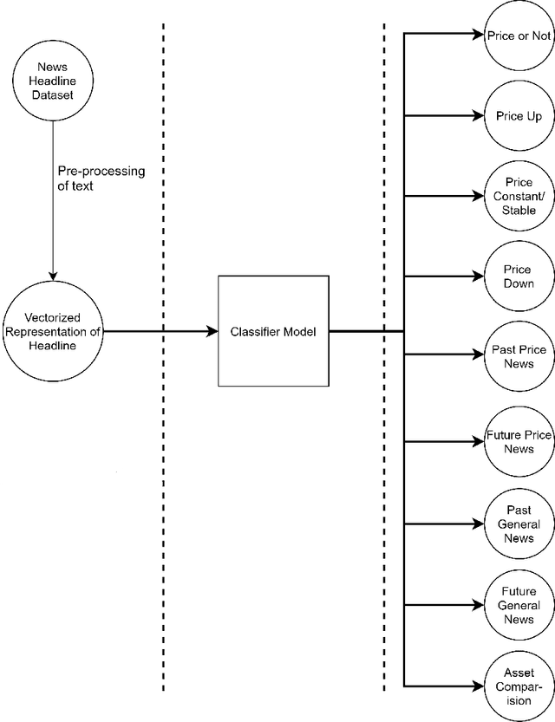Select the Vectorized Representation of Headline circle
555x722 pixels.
[x=53, y=331]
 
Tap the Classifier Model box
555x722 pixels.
[x=273, y=331]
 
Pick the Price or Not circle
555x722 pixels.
[x=519, y=35]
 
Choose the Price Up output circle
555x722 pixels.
[x=519, y=115]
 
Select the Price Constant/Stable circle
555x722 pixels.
[x=519, y=196]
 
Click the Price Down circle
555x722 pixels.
[x=519, y=276]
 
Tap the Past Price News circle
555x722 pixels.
[x=519, y=356]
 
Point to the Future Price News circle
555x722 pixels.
[x=519, y=441]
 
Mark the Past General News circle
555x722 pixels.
[x=519, y=524]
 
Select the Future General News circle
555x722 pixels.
[x=519, y=605]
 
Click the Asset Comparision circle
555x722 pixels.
[x=519, y=686]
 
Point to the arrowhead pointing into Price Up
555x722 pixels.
[x=478, y=115]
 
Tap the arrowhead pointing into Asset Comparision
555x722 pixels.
[x=478, y=686]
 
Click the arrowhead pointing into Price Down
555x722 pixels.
[x=478, y=276]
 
